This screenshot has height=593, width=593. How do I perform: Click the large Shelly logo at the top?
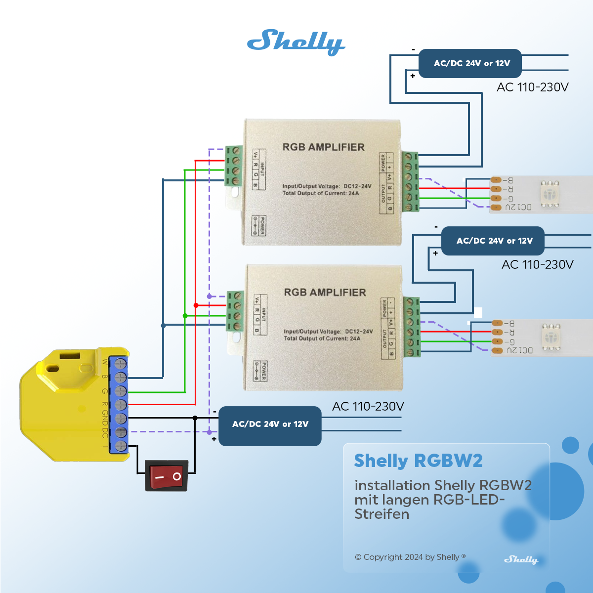coord(296,42)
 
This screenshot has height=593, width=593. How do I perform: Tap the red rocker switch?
coord(167,476)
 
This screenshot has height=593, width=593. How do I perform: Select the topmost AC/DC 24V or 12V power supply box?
coord(470,63)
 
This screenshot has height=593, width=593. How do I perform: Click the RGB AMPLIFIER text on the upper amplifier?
coord(323,147)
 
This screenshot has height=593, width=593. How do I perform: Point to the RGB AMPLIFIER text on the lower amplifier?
coord(325,293)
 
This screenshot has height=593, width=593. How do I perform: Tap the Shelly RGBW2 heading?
coord(418,461)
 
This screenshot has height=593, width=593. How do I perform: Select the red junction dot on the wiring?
coord(196,305)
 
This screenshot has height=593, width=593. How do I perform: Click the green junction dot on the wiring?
coord(185,316)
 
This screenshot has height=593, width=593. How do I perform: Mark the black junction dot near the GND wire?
coord(195,418)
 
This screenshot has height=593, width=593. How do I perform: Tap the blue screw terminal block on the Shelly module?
coord(119,404)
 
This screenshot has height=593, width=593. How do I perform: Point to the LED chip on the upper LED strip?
coord(550,193)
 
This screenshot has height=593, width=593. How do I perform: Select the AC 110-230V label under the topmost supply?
coord(532,87)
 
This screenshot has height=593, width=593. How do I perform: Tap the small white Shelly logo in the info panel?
coord(520,559)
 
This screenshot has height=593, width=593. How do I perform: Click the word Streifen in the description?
coord(381,514)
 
